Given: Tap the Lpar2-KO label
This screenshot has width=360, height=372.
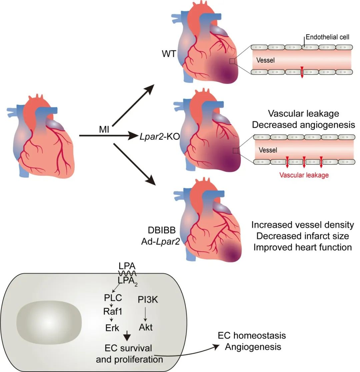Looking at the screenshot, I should pos(155,136).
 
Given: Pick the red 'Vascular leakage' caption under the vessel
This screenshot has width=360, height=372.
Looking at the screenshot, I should pos(304,175).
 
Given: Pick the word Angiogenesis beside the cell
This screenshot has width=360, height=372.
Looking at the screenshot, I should pos(253,347).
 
